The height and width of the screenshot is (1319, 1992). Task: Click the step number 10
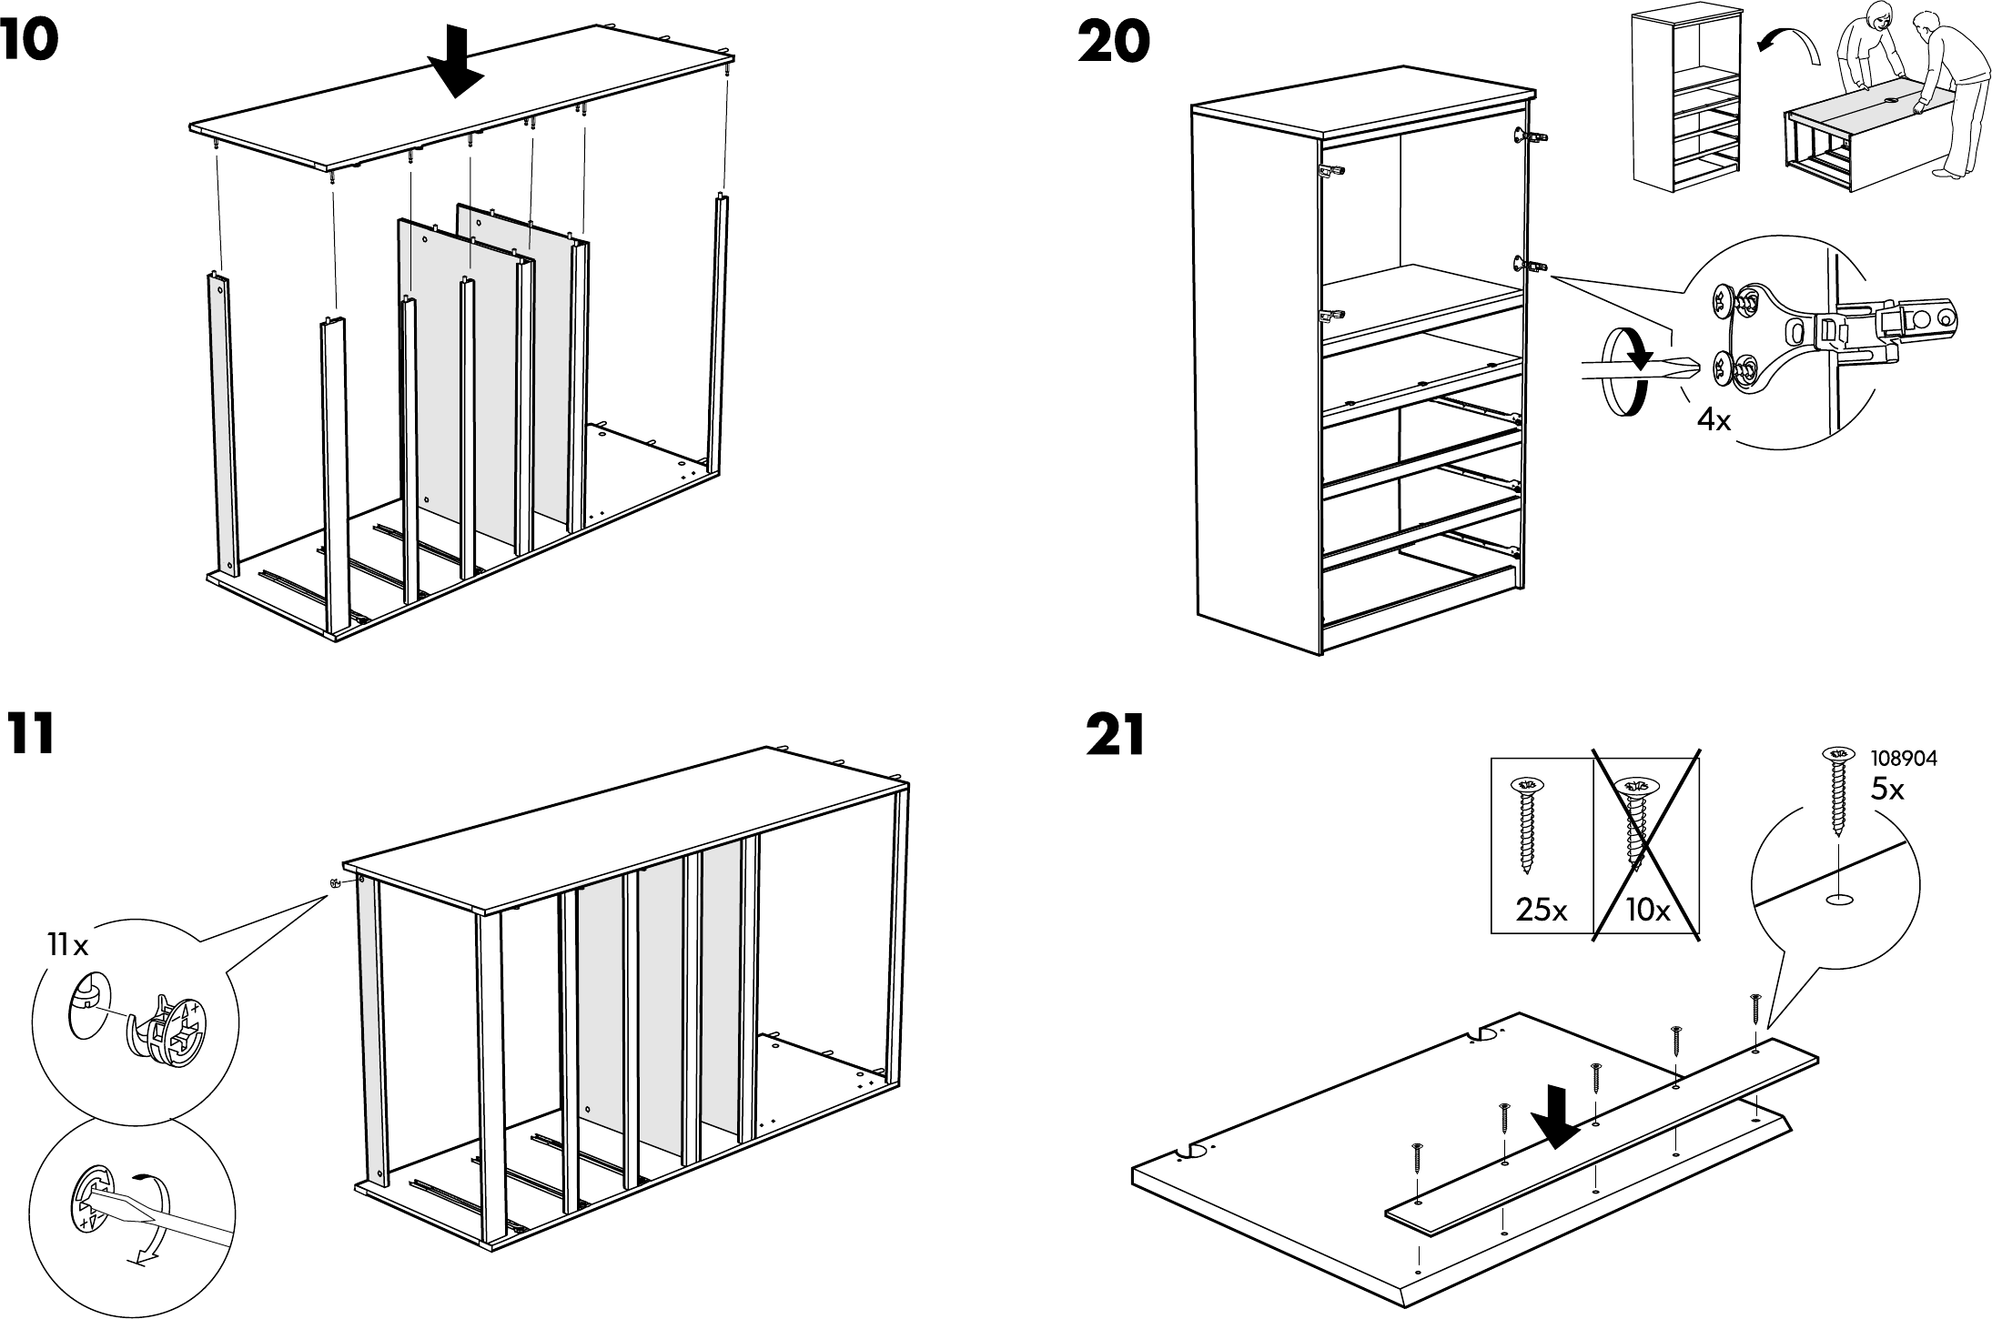pyautogui.click(x=29, y=43)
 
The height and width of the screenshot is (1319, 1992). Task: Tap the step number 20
pyautogui.click(x=1113, y=43)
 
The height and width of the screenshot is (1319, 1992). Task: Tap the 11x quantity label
pyautogui.click(x=68, y=946)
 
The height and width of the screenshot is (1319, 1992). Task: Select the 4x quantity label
pyautogui.click(x=1714, y=420)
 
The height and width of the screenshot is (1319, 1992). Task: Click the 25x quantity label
pyautogui.click(x=1542, y=910)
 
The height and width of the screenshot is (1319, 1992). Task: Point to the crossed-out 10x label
pyautogui.click(x=1647, y=910)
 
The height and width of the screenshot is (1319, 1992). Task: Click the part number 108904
pyautogui.click(x=1904, y=758)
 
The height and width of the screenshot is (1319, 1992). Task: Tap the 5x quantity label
pyautogui.click(x=1887, y=790)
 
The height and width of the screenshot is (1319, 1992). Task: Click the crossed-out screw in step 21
pyautogui.click(x=1635, y=823)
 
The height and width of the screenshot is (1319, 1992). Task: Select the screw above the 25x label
pyautogui.click(x=1527, y=823)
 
